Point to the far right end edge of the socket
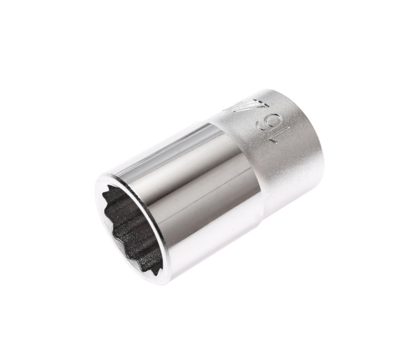[323, 150]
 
